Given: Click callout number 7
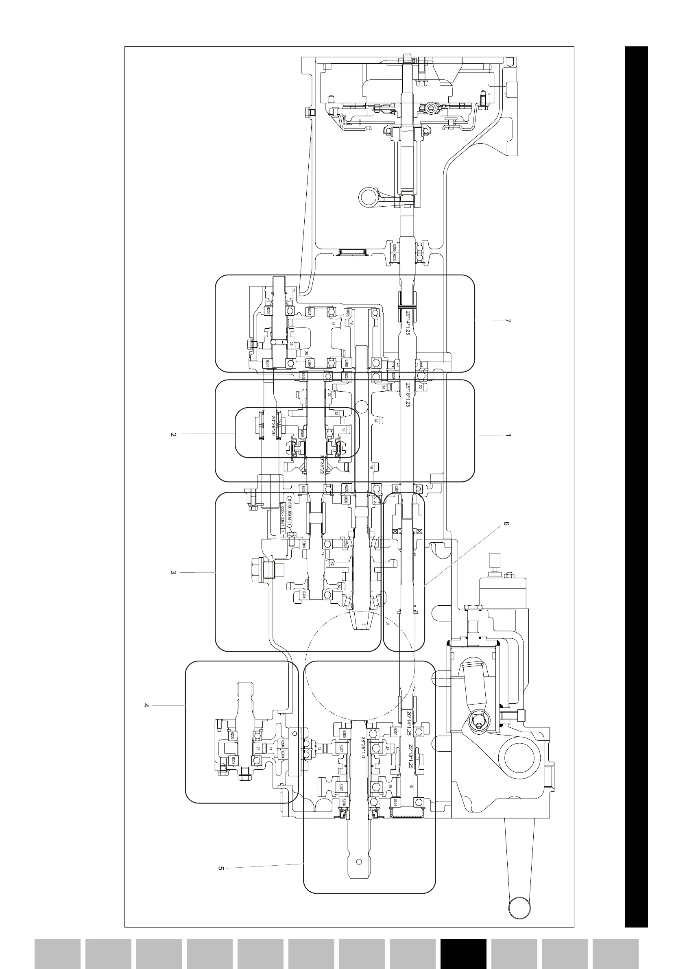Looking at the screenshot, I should pos(508,321).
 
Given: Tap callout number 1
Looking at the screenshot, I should pos(508,435).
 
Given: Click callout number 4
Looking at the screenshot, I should pos(146,705).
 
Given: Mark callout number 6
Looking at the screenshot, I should pos(506,525).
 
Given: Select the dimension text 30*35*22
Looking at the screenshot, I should pos(322,465).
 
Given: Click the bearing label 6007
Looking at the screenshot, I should pos(345,500).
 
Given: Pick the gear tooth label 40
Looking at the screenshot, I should pos(344,430).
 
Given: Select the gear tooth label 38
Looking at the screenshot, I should pos(334,323).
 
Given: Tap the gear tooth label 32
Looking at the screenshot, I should pos(336,413).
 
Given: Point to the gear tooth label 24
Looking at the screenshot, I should pos(375,420).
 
